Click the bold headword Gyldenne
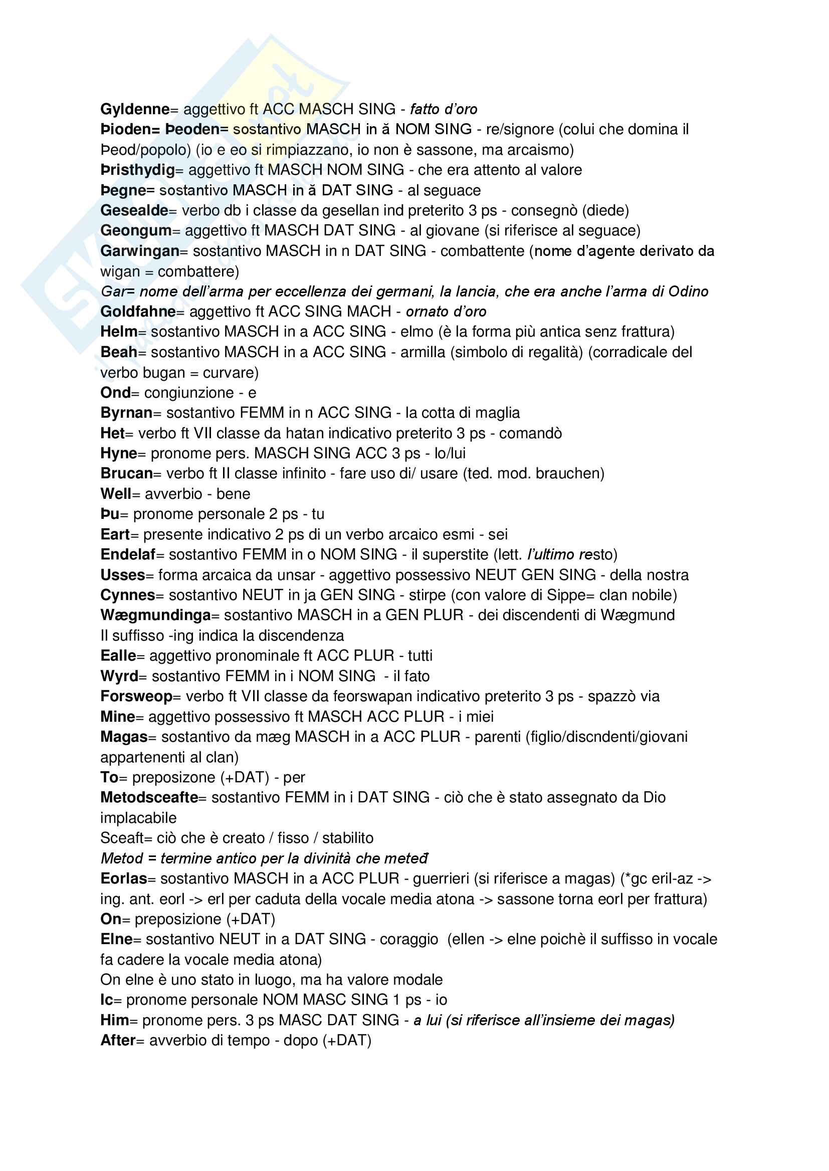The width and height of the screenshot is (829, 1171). pos(135,109)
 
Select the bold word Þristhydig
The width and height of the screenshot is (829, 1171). pos(137,170)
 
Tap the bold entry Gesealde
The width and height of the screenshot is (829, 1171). pos(134,210)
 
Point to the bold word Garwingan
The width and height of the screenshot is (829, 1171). pos(140,251)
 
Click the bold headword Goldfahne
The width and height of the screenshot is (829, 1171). pos(138,312)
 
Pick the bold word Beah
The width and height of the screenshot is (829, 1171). pos(118,352)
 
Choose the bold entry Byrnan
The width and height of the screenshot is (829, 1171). pos(127,413)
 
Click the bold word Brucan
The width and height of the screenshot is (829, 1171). pos(127,473)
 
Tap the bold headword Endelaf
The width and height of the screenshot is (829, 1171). pos(128,554)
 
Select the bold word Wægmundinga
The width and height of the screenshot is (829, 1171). pos(155,615)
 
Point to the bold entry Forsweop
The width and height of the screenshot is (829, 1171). pos(136,696)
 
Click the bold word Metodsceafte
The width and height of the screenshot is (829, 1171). pos(149,797)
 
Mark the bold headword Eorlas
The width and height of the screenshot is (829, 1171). pos(123,879)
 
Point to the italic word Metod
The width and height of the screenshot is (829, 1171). pos(121,858)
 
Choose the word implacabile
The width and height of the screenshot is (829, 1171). pos(138,818)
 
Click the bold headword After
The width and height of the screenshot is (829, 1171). pos(118,1040)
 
